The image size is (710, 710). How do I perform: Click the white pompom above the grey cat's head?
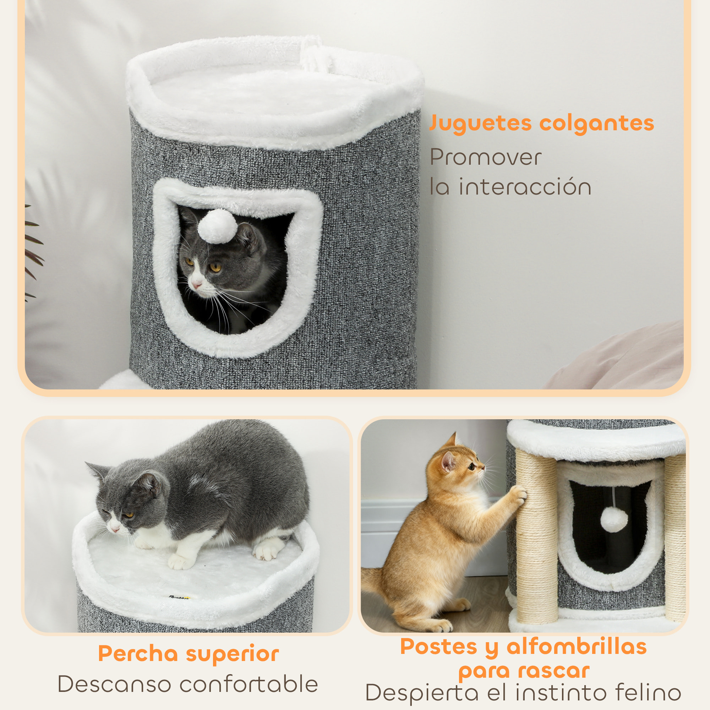pos(218,226)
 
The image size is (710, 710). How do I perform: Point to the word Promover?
pos(485,157)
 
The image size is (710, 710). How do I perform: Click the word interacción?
pos(525,187)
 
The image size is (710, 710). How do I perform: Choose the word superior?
pos(232,654)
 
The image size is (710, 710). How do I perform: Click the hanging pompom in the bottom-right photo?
pos(614,519)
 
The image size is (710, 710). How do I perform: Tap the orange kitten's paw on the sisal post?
pos(519,493)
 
